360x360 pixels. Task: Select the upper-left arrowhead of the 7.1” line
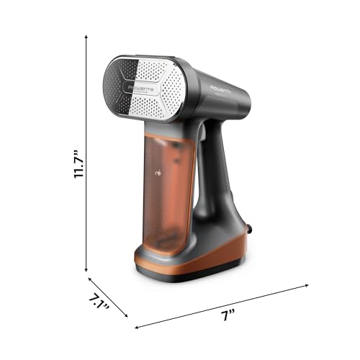[89, 279]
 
